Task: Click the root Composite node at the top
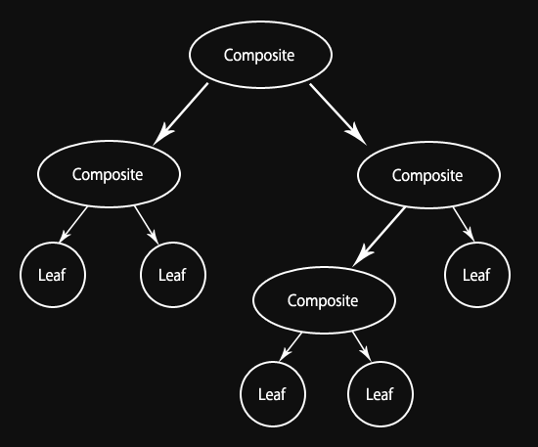pyautogui.click(x=260, y=55)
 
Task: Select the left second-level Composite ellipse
pyautogui.click(x=109, y=174)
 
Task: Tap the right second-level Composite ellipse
pyautogui.click(x=428, y=175)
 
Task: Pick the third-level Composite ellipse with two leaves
pyautogui.click(x=324, y=300)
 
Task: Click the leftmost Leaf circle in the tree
pyautogui.click(x=53, y=275)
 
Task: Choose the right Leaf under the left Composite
pyautogui.click(x=173, y=275)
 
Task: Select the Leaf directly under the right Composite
pyautogui.click(x=477, y=275)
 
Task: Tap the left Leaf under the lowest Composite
pyautogui.click(x=273, y=394)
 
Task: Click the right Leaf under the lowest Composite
pyautogui.click(x=381, y=394)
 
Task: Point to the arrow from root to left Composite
pyautogui.click(x=181, y=114)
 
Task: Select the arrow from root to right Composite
pyautogui.click(x=338, y=114)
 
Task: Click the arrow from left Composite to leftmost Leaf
pyautogui.click(x=73, y=224)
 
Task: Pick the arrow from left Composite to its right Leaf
pyautogui.click(x=147, y=225)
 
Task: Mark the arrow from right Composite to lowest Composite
pyautogui.click(x=379, y=237)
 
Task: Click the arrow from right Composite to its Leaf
pyautogui.click(x=464, y=224)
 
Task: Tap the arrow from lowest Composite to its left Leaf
pyautogui.click(x=291, y=347)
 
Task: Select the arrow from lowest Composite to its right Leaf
pyautogui.click(x=362, y=346)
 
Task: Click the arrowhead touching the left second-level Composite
pyautogui.click(x=162, y=135)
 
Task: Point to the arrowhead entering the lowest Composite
pyautogui.click(x=362, y=256)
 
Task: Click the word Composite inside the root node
pyautogui.click(x=259, y=55)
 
